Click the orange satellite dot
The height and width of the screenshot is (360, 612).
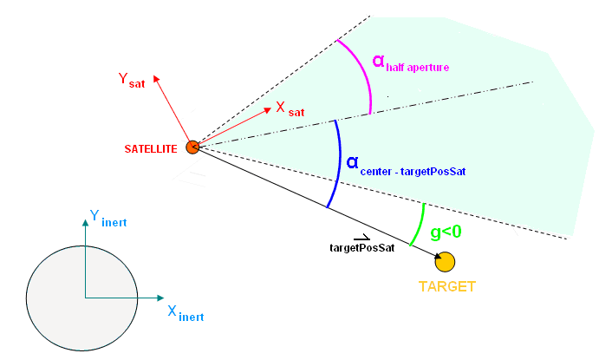(192, 147)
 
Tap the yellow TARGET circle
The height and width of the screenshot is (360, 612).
(446, 260)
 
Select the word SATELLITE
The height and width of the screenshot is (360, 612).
(150, 148)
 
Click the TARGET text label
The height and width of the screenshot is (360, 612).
(447, 286)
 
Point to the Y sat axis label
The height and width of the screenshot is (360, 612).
(132, 82)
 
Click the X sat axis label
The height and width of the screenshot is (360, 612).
(290, 109)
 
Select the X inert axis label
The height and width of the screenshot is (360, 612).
(185, 313)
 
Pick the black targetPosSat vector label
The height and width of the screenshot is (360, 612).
(362, 248)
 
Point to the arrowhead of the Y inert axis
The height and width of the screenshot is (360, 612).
(85, 222)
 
